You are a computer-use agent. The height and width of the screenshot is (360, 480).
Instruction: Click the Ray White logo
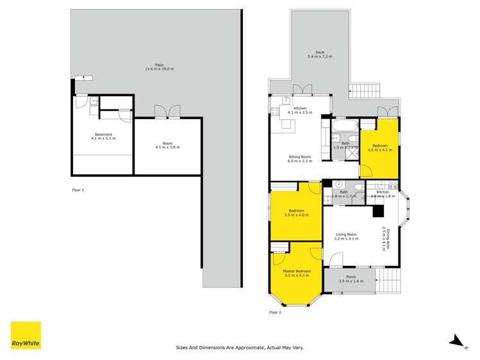tap(26, 335)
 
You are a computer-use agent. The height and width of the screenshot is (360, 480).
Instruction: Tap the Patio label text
tap(160, 67)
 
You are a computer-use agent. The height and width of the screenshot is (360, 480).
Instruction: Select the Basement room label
tap(103, 136)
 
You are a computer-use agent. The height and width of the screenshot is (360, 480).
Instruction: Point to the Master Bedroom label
tap(297, 273)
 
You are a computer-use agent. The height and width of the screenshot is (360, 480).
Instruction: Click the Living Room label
tap(346, 236)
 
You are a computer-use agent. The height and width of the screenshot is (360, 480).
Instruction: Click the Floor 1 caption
tap(78, 190)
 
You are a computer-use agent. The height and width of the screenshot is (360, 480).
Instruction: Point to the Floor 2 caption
tap(275, 313)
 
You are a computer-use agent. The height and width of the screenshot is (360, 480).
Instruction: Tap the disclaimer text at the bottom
tap(240, 348)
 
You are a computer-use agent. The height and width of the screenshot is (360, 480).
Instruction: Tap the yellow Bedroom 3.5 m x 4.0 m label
tap(296, 213)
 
